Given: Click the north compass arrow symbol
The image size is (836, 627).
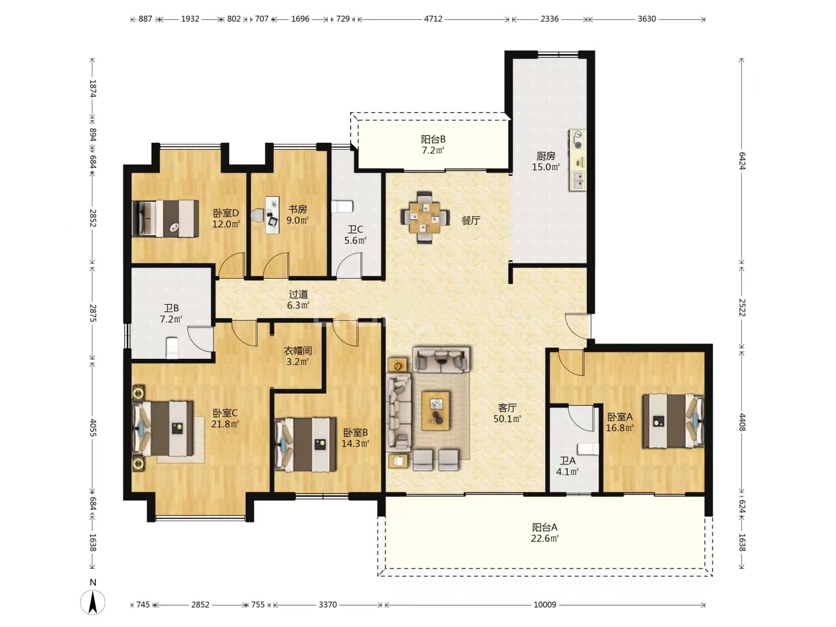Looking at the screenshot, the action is click(92, 602).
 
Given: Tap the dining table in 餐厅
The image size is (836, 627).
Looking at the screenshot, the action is click(424, 218).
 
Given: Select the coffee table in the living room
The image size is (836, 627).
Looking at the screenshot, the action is click(436, 411).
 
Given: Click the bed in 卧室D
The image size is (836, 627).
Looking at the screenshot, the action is click(165, 219).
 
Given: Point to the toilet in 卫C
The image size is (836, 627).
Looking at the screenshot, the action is click(343, 206).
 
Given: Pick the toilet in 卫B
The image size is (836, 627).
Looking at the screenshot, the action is click(172, 347).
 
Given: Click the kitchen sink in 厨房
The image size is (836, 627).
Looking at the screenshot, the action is click(578, 181).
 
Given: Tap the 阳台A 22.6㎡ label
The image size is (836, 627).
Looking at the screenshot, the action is click(545, 532).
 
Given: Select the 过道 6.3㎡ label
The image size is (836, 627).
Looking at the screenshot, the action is click(298, 300).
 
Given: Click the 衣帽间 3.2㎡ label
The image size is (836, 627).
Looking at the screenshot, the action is click(297, 356).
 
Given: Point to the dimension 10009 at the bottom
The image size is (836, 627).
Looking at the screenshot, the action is click(545, 604).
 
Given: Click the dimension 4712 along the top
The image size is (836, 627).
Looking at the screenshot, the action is click(434, 19).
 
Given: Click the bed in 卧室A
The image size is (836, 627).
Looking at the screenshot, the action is click(673, 421).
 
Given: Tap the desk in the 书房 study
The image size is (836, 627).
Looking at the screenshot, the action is click(272, 215).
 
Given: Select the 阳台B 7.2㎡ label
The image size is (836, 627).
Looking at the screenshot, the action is click(433, 145).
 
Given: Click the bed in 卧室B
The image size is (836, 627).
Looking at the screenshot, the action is click(305, 445).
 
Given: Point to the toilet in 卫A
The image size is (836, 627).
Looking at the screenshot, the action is click(588, 449).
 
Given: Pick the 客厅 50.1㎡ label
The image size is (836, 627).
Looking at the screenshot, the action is click(507, 413).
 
